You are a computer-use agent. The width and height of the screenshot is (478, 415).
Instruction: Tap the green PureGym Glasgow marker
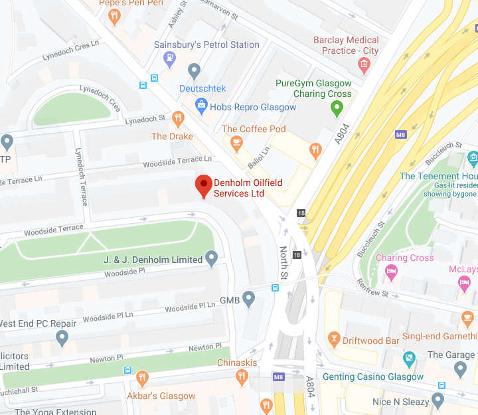[337, 108]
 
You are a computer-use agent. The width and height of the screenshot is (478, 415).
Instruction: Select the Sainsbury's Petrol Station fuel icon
[170, 58]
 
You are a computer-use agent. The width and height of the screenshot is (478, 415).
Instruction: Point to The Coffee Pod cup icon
[236, 142]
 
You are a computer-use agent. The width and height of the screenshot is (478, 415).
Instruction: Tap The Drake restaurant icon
[177, 119]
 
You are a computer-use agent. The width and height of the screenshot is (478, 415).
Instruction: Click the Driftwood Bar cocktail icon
[334, 340]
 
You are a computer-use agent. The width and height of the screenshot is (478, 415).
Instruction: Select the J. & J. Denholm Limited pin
[212, 258]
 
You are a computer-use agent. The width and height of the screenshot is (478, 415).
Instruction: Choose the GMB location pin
[249, 299]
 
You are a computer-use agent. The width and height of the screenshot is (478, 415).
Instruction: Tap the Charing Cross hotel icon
[392, 272]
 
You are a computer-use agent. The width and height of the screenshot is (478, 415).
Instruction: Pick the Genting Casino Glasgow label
[372, 376]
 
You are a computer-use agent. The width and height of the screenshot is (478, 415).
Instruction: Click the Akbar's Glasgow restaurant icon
[141, 378]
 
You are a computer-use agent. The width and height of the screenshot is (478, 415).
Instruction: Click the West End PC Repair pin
[62, 338]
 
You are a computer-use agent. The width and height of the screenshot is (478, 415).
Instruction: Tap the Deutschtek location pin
[194, 70]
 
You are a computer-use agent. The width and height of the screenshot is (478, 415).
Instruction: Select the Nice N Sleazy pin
[438, 400]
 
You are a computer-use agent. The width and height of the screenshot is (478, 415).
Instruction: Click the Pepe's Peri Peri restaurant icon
[115, 16]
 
